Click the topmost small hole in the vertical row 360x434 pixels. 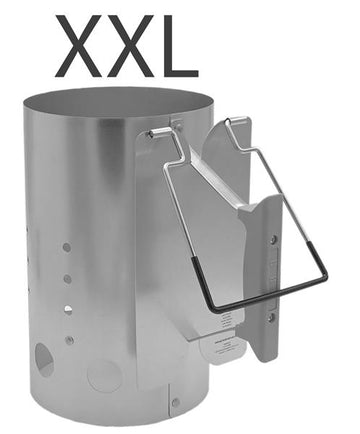pyautogui.click(x=67, y=246)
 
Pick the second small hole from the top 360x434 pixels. pyautogui.click(x=67, y=278)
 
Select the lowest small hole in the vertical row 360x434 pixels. pyautogui.click(x=69, y=340)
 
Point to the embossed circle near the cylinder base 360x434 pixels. pyautogui.click(x=103, y=375)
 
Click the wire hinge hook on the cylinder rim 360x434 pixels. pyautogui.click(x=157, y=132)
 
